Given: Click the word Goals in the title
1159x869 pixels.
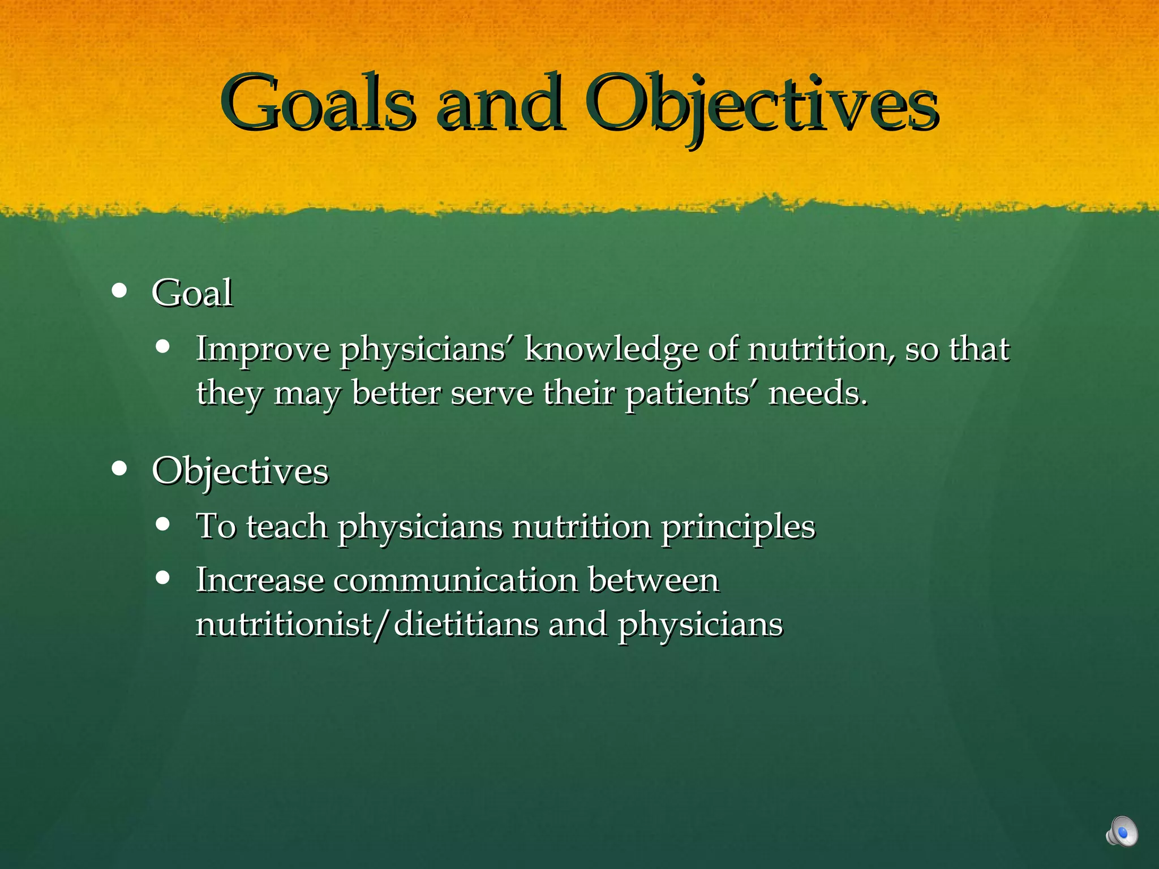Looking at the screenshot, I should tap(319, 103).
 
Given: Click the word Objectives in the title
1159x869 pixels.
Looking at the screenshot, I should tap(761, 105).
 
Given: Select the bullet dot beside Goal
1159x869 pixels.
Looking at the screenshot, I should tap(119, 291).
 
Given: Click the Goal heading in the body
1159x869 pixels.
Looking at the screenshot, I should tap(192, 293).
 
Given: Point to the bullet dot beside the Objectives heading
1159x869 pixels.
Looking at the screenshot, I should tap(119, 468).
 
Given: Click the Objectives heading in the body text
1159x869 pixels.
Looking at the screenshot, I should tap(240, 471).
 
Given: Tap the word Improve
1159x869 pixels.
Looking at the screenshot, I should tap(263, 350).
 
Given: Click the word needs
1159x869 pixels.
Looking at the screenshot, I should tap(817, 393).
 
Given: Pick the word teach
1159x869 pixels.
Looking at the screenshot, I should tap(287, 526).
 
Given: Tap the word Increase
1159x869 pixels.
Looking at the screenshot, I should tap(260, 580).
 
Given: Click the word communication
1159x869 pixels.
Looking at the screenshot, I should tap(456, 580).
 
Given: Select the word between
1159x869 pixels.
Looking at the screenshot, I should tap(654, 580).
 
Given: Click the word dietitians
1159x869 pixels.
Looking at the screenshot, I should tap(466, 625).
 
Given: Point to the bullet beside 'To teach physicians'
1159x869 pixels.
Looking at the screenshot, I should tap(163, 524).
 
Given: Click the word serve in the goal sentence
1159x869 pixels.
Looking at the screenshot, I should tap(492, 393).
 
